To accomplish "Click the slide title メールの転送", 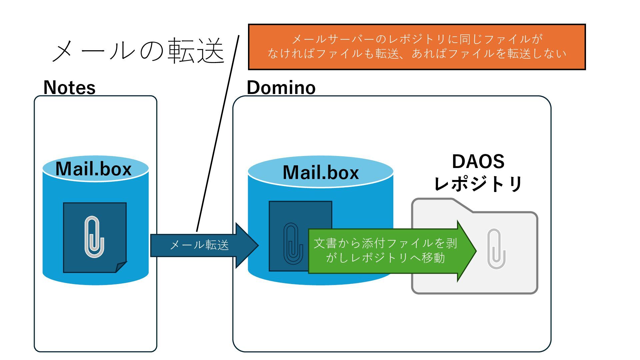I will (x=138, y=51).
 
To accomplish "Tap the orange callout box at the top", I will (x=417, y=47).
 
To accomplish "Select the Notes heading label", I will (x=69, y=88).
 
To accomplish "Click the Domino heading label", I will (x=281, y=88).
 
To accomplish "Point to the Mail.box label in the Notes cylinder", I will (x=93, y=169).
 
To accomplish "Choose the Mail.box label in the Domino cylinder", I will (x=321, y=172).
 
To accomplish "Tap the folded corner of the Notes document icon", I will (x=121, y=267).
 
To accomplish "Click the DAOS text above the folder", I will (x=478, y=162).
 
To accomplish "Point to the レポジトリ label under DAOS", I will (x=478, y=184).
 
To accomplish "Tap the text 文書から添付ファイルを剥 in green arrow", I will (x=385, y=243).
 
